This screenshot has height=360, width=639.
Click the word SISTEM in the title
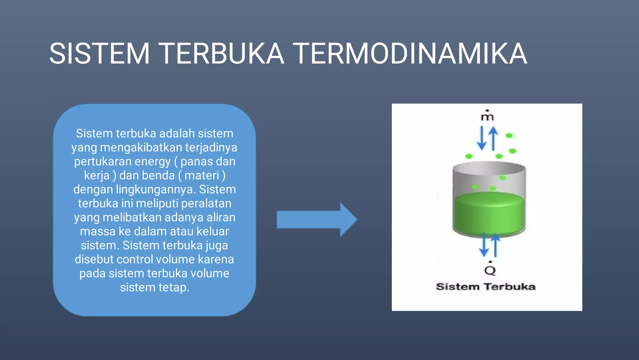tap(100, 54)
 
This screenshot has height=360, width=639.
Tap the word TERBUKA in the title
tap(222, 54)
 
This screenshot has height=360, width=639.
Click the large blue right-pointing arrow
tap(317, 219)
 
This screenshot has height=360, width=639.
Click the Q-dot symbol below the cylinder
tap(490, 269)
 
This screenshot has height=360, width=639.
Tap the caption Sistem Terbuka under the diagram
tap(485, 287)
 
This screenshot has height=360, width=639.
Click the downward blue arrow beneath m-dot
tap(482, 138)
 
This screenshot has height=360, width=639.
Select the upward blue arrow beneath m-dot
tap(493, 138)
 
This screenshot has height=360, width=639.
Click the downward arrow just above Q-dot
tap(484, 245)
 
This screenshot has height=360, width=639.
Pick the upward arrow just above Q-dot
tap(495, 245)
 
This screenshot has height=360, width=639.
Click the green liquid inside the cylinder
tap(489, 214)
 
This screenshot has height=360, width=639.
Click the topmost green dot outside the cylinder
tap(509, 136)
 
